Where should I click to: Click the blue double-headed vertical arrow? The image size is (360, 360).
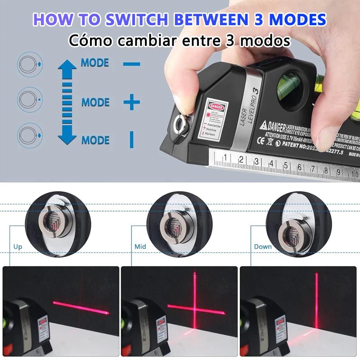click(x=67, y=102)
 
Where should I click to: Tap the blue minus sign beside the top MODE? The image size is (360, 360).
click(x=131, y=64)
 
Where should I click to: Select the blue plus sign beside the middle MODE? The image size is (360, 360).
click(x=131, y=103)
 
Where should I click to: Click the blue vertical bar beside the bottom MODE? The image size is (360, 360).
click(x=131, y=139)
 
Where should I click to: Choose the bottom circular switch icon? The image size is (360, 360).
click(x=30, y=135)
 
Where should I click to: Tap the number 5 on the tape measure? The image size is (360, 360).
click(x=285, y=166)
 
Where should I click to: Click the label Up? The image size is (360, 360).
click(x=18, y=247)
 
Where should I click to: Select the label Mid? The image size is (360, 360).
click(x=140, y=247)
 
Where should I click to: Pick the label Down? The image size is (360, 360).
click(x=263, y=247)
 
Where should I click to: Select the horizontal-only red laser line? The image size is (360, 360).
click(x=81, y=308)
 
